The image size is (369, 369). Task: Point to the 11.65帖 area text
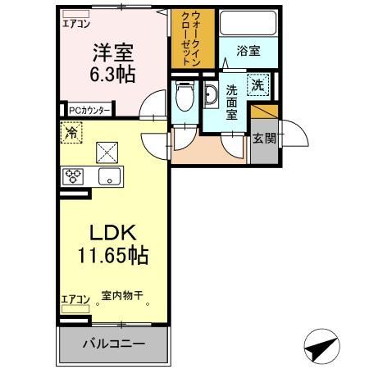pyautogui.click(x=113, y=256)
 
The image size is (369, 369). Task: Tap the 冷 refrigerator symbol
pyautogui.click(x=72, y=131)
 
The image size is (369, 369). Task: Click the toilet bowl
pyautogui.click(x=184, y=97)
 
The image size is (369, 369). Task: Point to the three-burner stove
pyautogui.click(x=74, y=175)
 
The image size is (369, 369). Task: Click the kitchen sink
pyautogui.click(x=107, y=175)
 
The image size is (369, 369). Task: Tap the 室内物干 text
pyautogui.click(x=122, y=295)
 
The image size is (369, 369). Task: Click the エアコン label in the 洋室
pyautogui.click(x=75, y=24)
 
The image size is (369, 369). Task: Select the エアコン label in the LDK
pyautogui.click(x=75, y=299)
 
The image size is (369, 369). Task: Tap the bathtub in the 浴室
pyautogui.click(x=249, y=27)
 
